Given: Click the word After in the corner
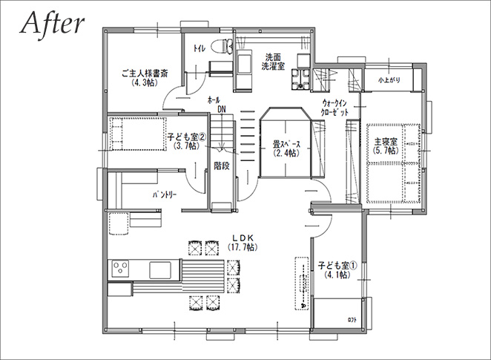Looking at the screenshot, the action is click(53, 24).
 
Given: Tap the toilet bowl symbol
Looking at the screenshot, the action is click(222, 46).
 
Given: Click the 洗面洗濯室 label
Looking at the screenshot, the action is click(273, 62).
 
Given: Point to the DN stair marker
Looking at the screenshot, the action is click(222, 109).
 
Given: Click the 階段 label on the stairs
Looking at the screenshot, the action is click(222, 166).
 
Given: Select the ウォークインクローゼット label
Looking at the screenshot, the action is click(335, 108).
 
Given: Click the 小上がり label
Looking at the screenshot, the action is click(389, 80).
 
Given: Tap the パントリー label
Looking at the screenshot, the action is click(165, 195).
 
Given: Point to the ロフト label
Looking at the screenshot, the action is click(352, 320).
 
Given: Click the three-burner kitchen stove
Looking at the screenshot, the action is click(121, 269).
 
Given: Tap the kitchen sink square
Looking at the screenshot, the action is click(160, 269).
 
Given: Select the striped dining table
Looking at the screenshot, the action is click(203, 275).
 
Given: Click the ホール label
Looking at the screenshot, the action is click(214, 100).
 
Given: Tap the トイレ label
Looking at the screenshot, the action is click(200, 48).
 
